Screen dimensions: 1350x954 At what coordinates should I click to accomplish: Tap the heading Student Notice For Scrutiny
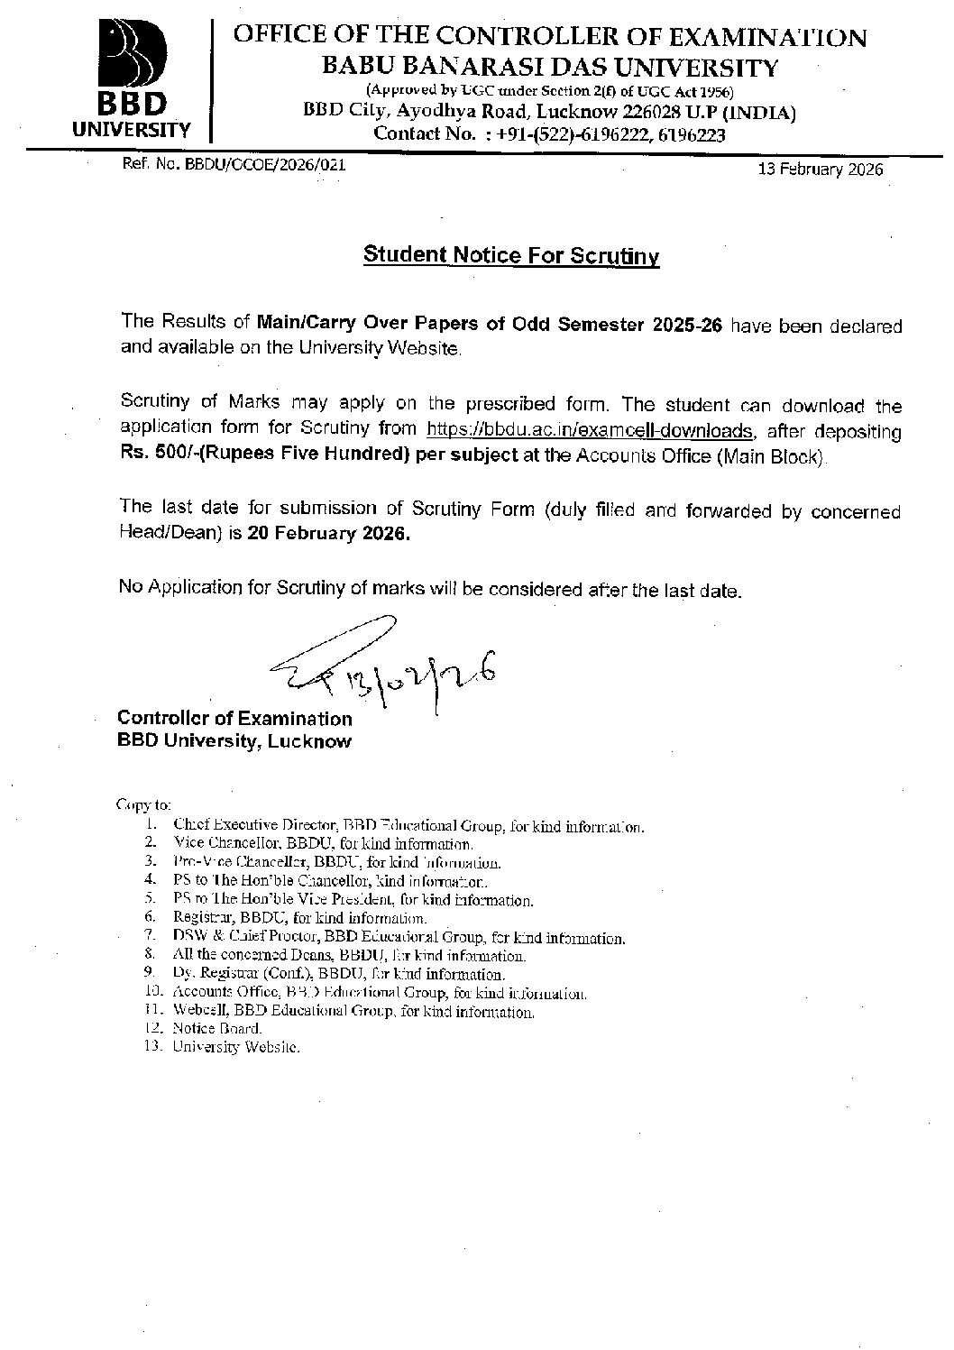click(511, 255)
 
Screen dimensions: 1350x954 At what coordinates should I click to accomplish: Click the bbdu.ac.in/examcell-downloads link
click(589, 430)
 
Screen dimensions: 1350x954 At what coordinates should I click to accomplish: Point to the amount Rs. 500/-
click(153, 455)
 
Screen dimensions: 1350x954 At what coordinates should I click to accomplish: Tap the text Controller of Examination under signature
click(234, 719)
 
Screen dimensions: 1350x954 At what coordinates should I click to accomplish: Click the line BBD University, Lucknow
click(234, 741)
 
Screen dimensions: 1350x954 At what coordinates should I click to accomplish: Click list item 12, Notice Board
click(217, 1028)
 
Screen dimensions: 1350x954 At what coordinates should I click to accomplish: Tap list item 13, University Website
click(235, 1047)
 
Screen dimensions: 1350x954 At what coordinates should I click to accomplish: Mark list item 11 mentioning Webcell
click(353, 1012)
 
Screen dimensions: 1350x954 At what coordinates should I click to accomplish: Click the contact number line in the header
click(549, 134)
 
